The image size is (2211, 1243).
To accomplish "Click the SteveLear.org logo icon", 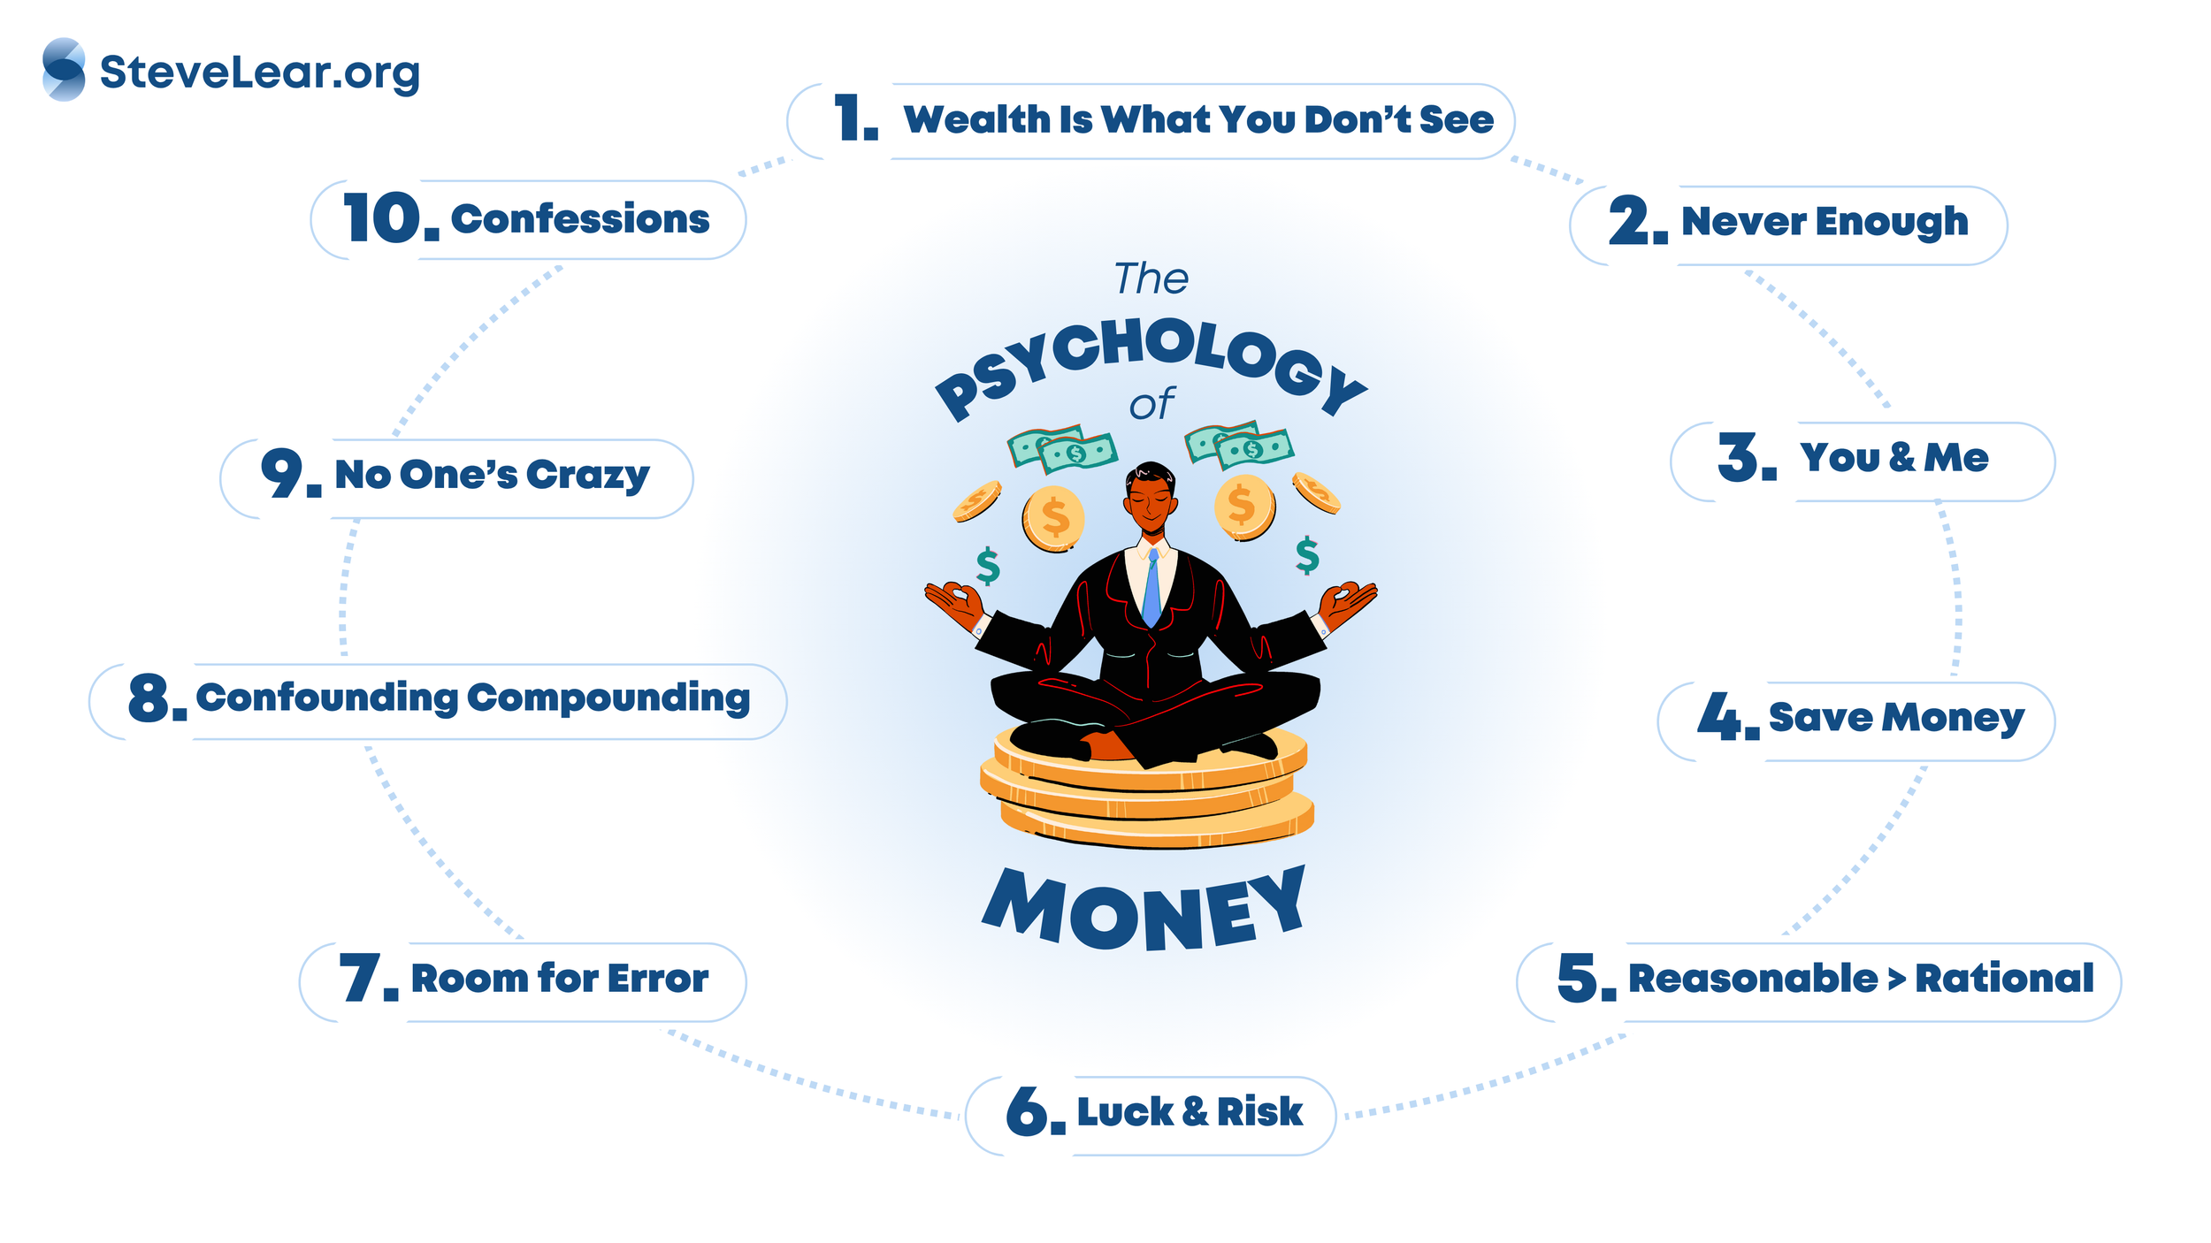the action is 64,69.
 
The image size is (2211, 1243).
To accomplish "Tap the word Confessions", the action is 580,219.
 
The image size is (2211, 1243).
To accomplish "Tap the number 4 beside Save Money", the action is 1719,716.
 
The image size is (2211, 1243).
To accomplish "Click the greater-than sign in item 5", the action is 1896,980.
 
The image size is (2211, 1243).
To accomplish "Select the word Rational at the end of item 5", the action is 2004,979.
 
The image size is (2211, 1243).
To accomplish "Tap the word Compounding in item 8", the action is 608,698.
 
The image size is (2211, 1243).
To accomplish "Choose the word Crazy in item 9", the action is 588,476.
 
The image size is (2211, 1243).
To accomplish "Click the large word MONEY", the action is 1144,911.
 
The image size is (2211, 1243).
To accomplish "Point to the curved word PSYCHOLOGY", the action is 1150,358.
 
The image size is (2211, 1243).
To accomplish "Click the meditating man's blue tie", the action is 1151,588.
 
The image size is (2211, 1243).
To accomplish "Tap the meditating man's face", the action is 1151,499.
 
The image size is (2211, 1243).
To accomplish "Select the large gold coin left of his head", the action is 1053,519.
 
